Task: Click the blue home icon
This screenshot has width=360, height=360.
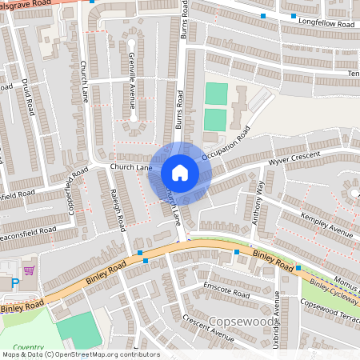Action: [x=180, y=172]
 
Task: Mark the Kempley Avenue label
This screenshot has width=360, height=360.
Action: [x=327, y=224]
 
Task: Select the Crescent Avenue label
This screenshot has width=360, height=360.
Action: [x=207, y=328]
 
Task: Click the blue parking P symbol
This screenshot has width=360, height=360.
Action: [x=15, y=282]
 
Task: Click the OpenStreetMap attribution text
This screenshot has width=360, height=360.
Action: [x=80, y=354]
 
